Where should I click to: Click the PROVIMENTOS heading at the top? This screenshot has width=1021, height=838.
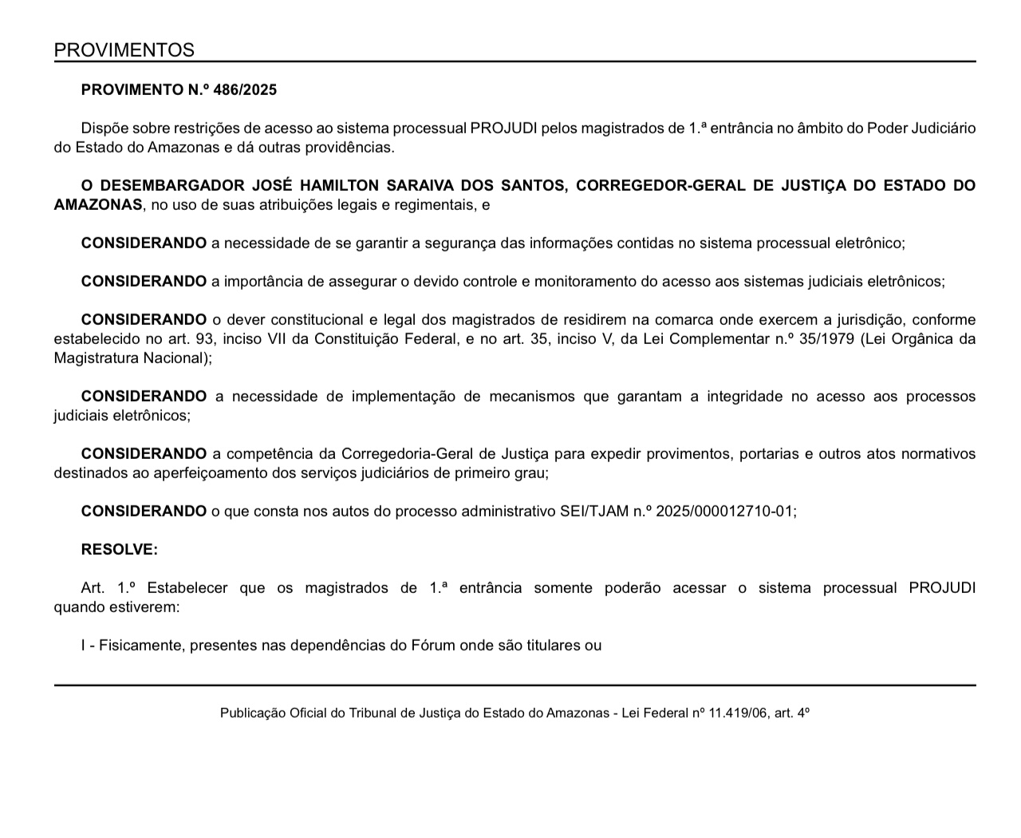(124, 50)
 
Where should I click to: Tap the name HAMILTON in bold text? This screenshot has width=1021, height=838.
(336, 186)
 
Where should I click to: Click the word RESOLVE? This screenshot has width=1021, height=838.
(120, 550)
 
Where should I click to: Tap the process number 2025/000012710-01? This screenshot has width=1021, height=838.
(726, 512)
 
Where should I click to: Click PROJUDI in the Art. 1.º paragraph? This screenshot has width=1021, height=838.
(942, 588)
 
